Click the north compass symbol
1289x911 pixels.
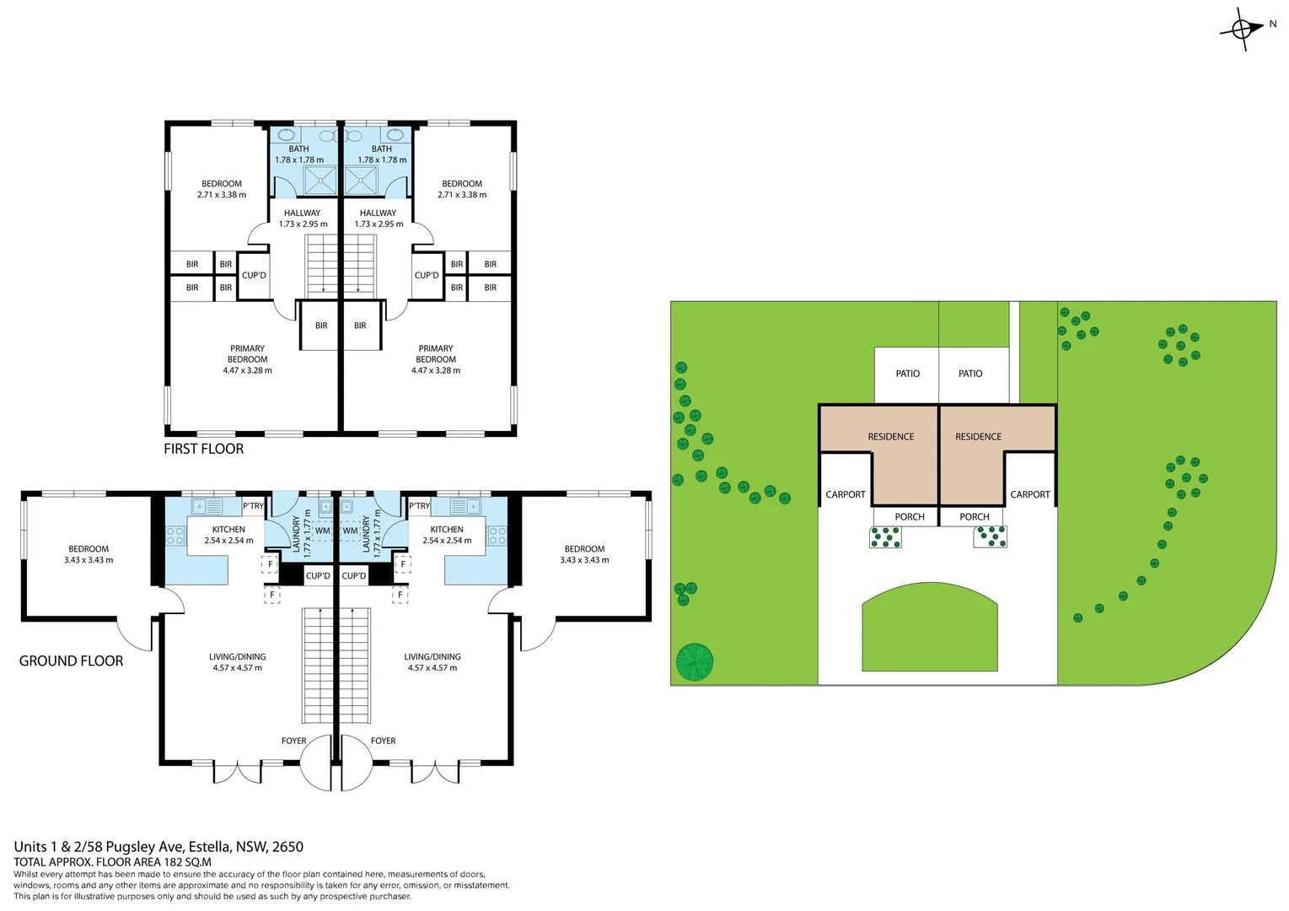click(1242, 30)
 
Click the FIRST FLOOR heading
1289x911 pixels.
click(203, 449)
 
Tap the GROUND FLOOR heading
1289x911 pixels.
click(71, 660)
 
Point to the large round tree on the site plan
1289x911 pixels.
click(695, 662)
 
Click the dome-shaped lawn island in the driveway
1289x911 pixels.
click(930, 628)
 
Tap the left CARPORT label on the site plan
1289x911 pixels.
click(846, 494)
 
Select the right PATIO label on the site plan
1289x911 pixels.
click(970, 374)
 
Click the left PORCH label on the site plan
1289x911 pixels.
click(910, 517)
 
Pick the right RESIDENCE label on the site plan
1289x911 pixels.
click(978, 437)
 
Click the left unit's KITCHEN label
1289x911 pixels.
click(228, 530)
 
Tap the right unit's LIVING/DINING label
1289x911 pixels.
click(432, 656)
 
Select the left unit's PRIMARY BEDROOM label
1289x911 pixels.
click(247, 353)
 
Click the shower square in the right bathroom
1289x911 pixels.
click(361, 181)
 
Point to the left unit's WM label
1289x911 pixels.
click(322, 531)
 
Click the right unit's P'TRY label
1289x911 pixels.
click(419, 506)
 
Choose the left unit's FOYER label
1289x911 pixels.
click(293, 741)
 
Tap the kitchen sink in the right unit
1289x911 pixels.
click(464, 507)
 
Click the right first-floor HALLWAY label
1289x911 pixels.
click(378, 213)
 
